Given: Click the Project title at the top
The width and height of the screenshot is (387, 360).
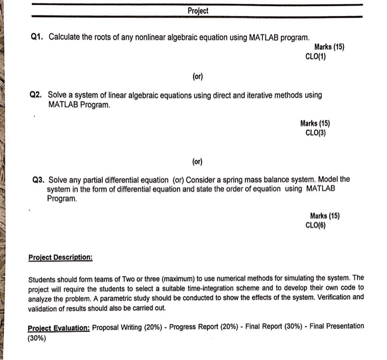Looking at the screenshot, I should click(197, 11).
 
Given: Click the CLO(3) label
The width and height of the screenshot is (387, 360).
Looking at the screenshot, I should click(316, 133).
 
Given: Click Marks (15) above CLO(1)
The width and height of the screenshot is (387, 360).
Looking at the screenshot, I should click(329, 47).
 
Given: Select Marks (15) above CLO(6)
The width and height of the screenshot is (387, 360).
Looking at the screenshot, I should click(325, 216).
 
